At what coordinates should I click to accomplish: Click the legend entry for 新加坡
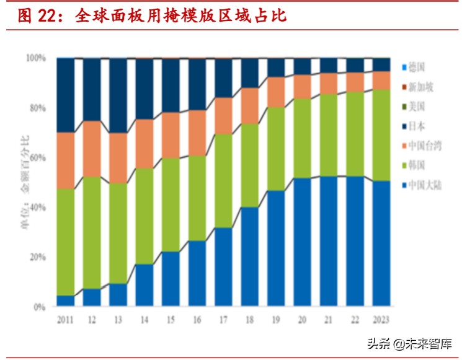418,87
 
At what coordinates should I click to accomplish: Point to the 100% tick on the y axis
35,58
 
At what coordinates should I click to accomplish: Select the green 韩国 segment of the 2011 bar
65,242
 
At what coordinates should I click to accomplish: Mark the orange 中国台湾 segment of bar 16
197,133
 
